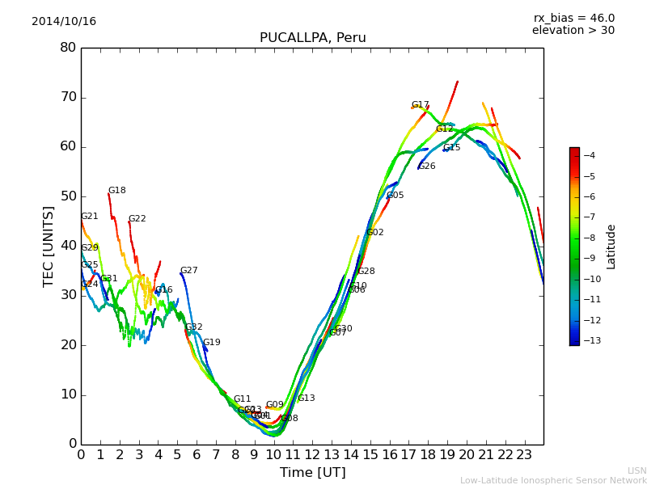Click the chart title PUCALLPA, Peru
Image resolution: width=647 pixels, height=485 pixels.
[x=312, y=38]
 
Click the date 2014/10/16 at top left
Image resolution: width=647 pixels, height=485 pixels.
[x=64, y=22]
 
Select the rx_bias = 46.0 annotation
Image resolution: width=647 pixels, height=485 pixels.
[x=573, y=19]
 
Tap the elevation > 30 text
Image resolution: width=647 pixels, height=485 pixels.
[x=573, y=31]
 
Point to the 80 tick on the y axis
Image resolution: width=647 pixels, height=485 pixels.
[x=68, y=48]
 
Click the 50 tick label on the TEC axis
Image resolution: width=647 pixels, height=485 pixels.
[x=68, y=196]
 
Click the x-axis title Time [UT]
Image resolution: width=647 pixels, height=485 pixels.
[x=312, y=473]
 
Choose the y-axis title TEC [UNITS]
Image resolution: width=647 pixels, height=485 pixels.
[x=49, y=246]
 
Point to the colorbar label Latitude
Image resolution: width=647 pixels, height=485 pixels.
[x=611, y=247]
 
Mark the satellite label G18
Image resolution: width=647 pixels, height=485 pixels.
[x=117, y=191]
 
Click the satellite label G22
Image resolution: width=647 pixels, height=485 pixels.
[x=137, y=219]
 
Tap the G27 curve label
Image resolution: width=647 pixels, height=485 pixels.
[x=189, y=271]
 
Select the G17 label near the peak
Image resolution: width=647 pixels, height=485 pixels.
[x=421, y=105]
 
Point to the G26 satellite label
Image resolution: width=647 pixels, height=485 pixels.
[x=427, y=167]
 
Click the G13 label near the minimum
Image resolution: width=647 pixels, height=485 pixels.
[x=307, y=399]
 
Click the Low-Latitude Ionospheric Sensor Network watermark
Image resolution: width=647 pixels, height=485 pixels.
[x=553, y=481]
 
